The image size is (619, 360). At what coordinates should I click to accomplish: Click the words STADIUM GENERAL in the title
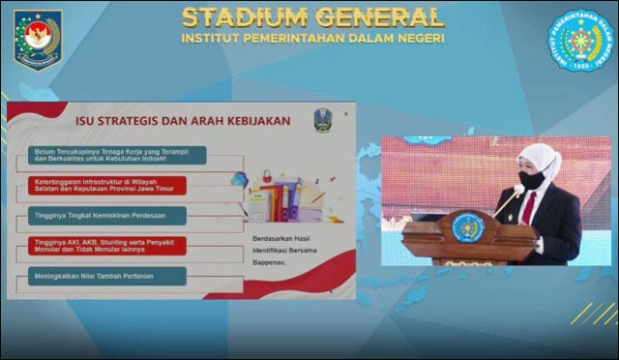312,16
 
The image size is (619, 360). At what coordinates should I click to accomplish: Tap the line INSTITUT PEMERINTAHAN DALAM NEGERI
312,39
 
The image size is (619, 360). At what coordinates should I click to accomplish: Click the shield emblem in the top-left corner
37,39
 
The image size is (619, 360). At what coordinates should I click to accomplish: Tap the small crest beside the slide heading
321,120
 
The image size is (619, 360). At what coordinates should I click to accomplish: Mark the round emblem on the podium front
468,228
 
